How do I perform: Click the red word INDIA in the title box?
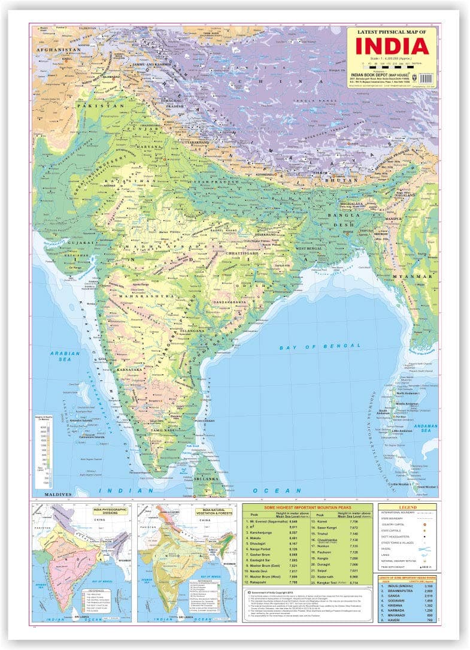392,46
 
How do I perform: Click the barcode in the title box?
427,78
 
